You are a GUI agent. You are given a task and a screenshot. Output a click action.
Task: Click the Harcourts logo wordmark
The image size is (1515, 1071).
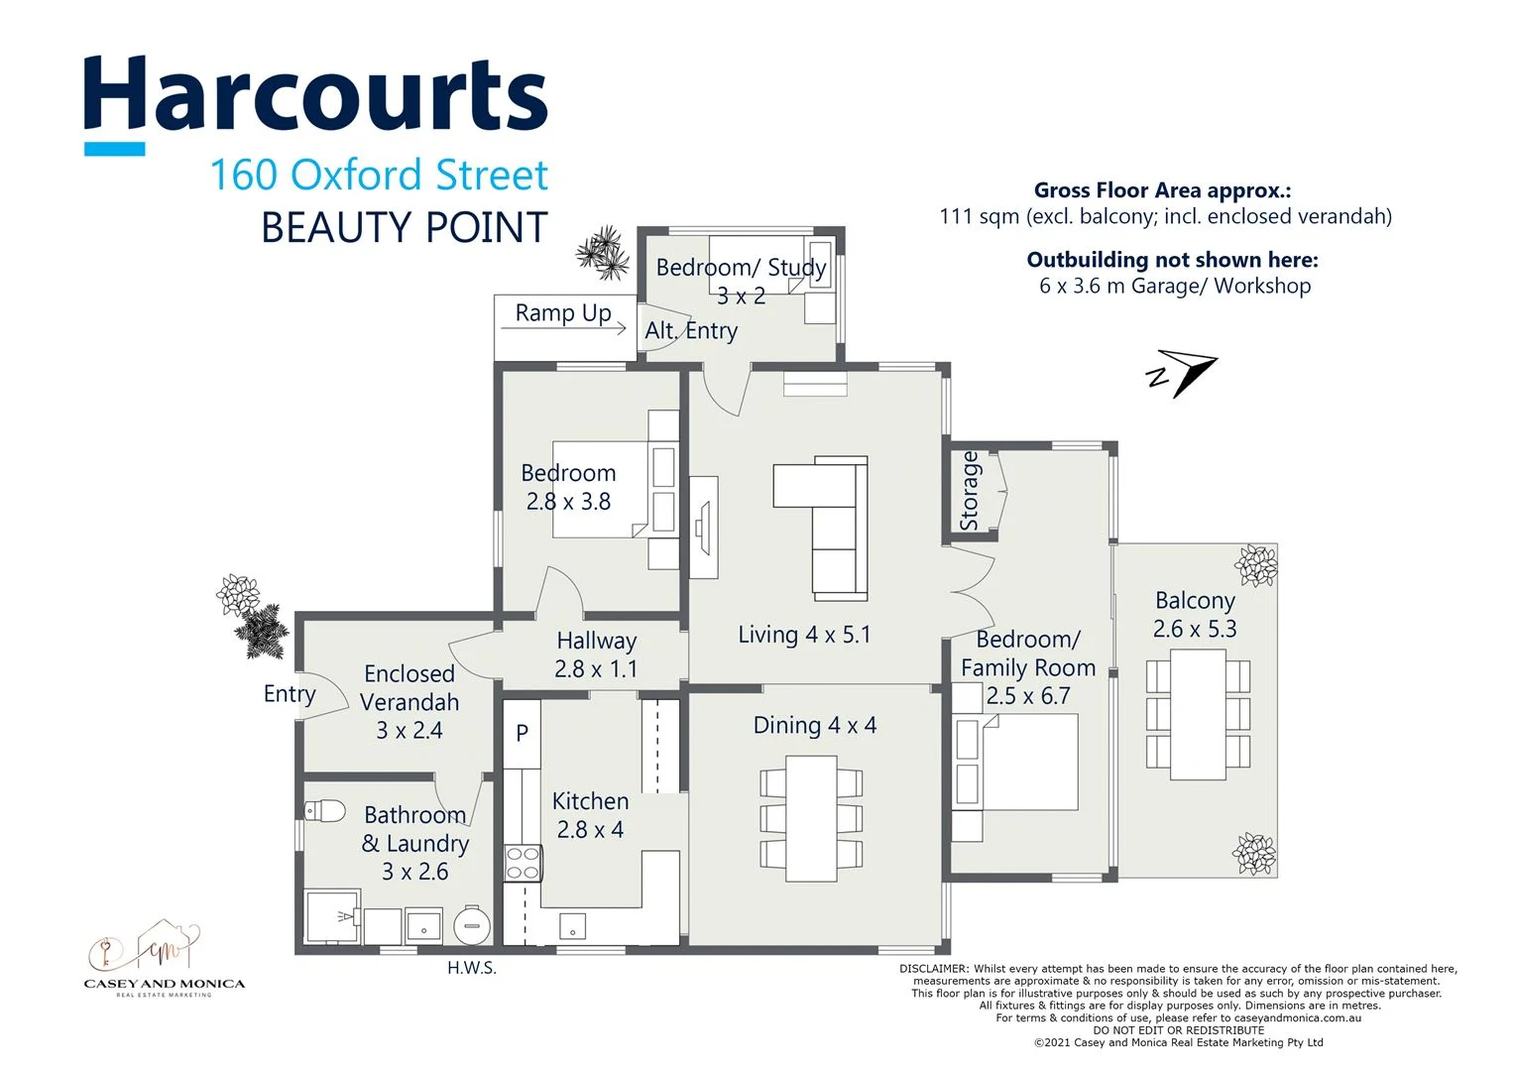point(315,95)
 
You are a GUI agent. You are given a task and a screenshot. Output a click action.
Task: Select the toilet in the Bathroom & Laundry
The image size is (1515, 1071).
point(324,811)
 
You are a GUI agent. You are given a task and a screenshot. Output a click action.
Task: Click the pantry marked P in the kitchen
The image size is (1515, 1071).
point(522,733)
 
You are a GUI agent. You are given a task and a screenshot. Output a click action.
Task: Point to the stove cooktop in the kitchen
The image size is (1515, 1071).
point(523,863)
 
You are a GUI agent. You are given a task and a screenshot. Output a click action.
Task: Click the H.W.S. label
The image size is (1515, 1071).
point(471,968)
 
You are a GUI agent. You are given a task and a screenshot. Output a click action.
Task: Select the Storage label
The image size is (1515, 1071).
point(970,491)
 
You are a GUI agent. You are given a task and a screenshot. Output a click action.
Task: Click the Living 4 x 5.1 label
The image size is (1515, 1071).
point(804,635)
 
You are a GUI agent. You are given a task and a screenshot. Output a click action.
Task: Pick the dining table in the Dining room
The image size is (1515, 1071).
point(811,818)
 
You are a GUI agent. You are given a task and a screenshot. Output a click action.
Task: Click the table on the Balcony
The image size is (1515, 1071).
point(1198,714)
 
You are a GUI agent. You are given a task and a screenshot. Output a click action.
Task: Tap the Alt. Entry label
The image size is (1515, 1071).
point(691,331)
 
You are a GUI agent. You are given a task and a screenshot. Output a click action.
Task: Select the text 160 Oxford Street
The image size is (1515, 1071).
point(379,176)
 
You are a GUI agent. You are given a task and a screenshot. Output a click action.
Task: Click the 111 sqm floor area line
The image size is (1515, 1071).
point(1165,216)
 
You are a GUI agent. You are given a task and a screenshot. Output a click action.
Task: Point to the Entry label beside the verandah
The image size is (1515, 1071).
point(289,694)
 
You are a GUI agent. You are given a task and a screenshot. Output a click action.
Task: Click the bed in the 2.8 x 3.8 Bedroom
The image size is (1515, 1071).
point(600,489)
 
